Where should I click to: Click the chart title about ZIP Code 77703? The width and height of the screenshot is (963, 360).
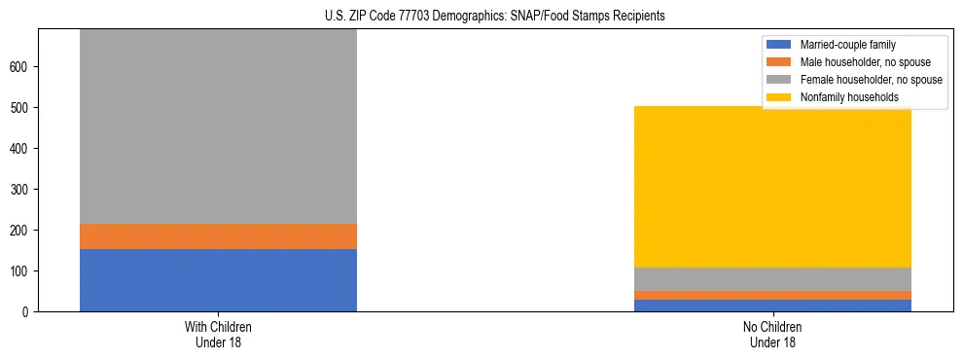click(x=481, y=17)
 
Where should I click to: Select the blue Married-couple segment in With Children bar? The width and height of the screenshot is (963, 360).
click(x=218, y=280)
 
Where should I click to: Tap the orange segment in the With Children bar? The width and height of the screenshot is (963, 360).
click(x=218, y=236)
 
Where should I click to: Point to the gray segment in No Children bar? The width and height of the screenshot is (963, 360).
click(x=772, y=279)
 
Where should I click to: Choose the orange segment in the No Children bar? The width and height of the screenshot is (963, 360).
click(x=772, y=295)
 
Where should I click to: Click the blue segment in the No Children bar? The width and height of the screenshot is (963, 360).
click(x=772, y=306)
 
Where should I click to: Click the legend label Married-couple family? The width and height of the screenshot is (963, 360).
click(x=847, y=45)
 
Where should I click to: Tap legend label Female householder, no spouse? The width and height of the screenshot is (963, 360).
click(x=871, y=80)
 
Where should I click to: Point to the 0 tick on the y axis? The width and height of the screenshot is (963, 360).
click(x=28, y=312)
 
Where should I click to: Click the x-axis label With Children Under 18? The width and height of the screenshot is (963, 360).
click(x=218, y=335)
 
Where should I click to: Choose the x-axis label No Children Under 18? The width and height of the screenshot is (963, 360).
click(x=772, y=335)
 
